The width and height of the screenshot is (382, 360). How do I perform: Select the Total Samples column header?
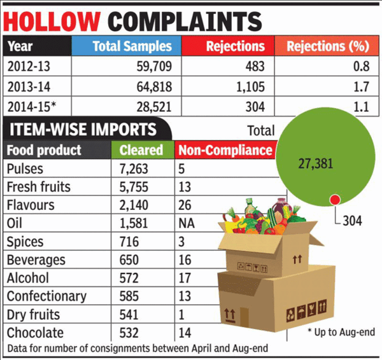132,46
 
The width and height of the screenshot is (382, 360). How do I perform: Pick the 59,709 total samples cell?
150,67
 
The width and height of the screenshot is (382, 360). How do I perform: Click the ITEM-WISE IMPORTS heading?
83,130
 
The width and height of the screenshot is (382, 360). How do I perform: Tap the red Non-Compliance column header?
224,151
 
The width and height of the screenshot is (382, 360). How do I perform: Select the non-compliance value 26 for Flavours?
186,205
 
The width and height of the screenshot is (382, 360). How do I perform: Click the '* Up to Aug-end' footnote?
341,332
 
